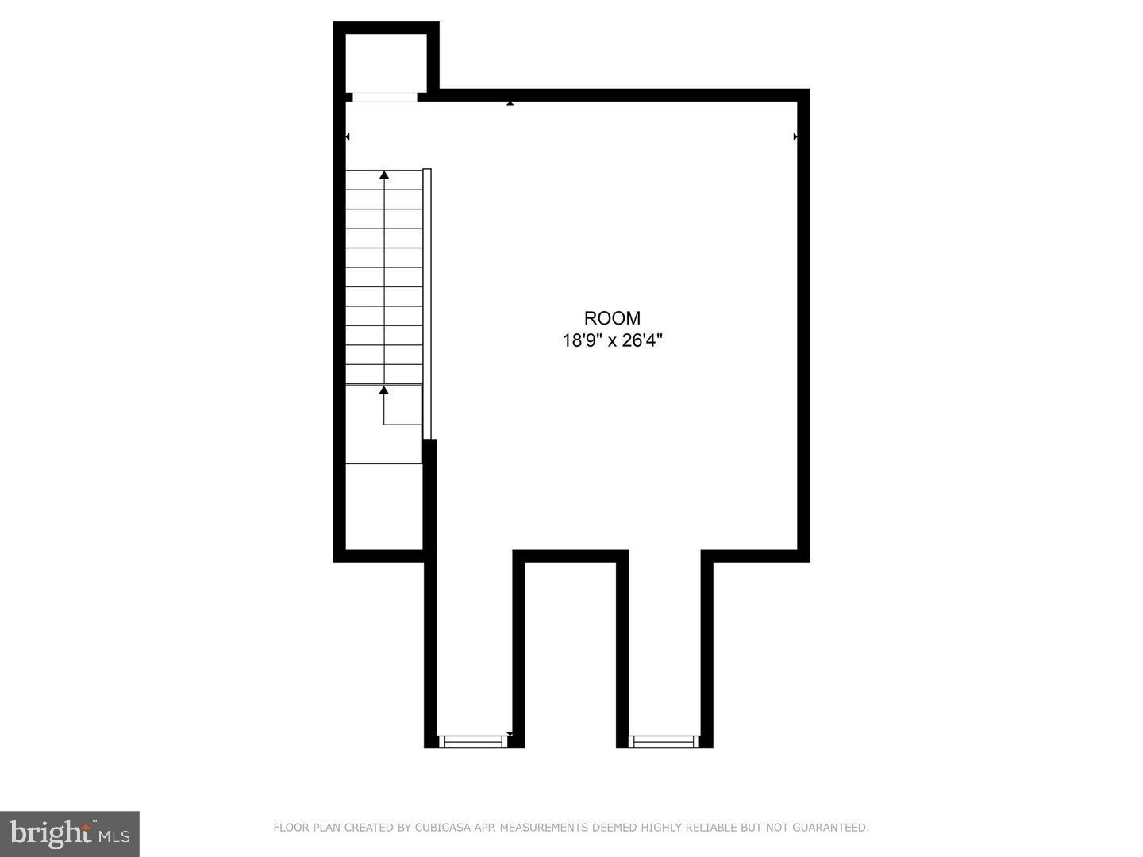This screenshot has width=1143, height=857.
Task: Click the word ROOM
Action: coord(612,318)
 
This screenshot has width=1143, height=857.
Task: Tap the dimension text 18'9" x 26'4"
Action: coord(612,341)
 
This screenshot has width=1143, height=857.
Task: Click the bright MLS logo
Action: coord(70,833)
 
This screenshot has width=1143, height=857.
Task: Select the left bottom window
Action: coord(474,742)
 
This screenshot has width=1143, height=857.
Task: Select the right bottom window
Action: coord(664,742)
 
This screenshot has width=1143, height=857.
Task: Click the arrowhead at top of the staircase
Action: coord(384,175)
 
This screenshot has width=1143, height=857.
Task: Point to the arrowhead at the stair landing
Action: coord(384,390)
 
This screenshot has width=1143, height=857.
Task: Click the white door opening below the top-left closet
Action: coord(385,97)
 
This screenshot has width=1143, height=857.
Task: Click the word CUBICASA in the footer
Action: coord(441,828)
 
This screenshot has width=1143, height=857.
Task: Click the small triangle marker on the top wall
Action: coord(510,103)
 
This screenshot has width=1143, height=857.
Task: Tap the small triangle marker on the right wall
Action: coord(795,137)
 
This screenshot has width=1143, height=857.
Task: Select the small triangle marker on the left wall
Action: coord(348,137)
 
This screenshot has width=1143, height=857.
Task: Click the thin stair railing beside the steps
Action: coord(427,302)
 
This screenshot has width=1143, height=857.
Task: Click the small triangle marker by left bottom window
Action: coord(510,735)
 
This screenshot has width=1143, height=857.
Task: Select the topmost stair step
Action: coord(384,180)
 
